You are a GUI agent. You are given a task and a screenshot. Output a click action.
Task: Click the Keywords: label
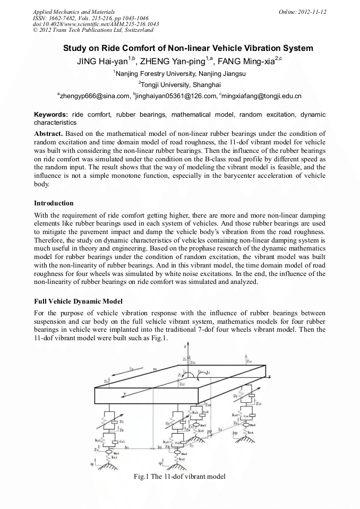51,115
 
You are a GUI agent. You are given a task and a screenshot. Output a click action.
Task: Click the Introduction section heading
54,203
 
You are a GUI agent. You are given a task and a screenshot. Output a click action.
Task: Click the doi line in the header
96,24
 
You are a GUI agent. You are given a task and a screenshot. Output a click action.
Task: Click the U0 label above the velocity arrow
132,367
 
